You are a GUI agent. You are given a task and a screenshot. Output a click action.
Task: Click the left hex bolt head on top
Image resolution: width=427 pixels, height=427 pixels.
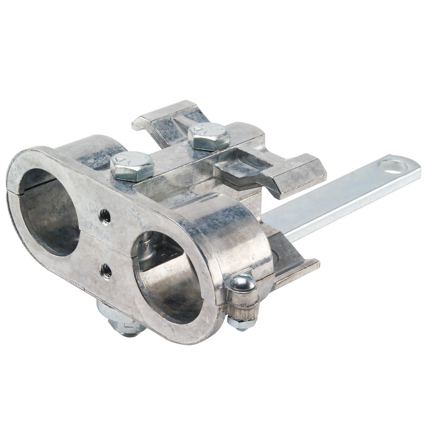click(132, 165)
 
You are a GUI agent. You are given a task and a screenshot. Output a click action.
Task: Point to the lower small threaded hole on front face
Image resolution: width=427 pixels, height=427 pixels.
click(105, 270)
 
